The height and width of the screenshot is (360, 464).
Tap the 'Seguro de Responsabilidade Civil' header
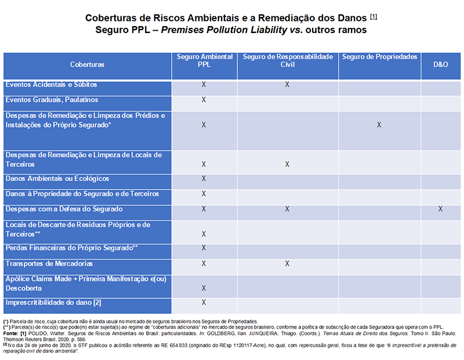[288, 61]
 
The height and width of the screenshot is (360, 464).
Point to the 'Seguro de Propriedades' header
[380, 57]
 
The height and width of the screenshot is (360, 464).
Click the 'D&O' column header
[441, 64]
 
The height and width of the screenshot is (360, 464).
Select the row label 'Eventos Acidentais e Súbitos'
[51, 85]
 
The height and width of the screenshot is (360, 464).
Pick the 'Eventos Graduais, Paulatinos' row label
[51, 100]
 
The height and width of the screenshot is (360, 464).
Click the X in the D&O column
[441, 209]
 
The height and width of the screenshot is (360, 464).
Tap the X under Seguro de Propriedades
[379, 125]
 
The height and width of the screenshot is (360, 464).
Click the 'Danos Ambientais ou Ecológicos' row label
[57, 179]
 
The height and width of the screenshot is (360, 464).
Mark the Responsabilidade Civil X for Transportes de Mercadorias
[287, 264]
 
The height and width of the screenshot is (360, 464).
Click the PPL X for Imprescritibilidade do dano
[204, 302]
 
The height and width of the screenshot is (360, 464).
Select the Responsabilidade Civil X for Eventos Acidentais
[287, 85]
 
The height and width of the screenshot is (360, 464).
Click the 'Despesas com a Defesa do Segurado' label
[64, 209]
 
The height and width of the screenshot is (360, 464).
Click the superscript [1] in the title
[374, 16]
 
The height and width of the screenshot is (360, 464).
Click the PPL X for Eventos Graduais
[204, 100]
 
